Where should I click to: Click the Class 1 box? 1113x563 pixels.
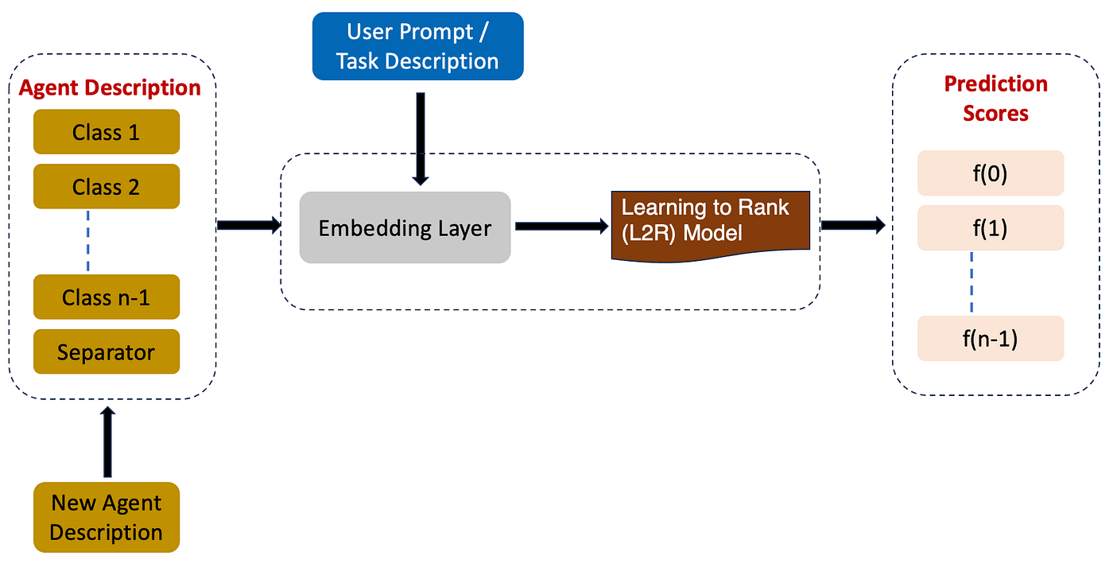click(x=106, y=132)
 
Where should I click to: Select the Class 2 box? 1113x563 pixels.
click(x=106, y=186)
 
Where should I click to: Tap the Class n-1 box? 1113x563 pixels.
click(x=106, y=297)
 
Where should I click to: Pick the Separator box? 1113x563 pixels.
click(x=106, y=351)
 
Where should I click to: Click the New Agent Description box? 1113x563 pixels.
click(x=106, y=517)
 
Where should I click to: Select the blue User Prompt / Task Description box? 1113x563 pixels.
click(x=417, y=46)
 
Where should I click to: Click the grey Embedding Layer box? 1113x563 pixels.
click(x=405, y=227)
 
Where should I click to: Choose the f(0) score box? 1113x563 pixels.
click(x=990, y=173)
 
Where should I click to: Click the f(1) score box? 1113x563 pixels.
click(x=990, y=227)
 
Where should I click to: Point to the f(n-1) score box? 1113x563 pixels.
click(x=990, y=338)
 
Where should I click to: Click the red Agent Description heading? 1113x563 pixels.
click(x=110, y=87)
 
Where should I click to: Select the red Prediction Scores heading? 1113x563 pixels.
click(x=995, y=99)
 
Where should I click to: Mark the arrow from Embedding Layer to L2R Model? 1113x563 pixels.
click(x=560, y=227)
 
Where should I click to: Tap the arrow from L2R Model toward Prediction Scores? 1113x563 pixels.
click(x=852, y=226)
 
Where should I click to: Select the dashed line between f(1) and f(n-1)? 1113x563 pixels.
click(x=971, y=283)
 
